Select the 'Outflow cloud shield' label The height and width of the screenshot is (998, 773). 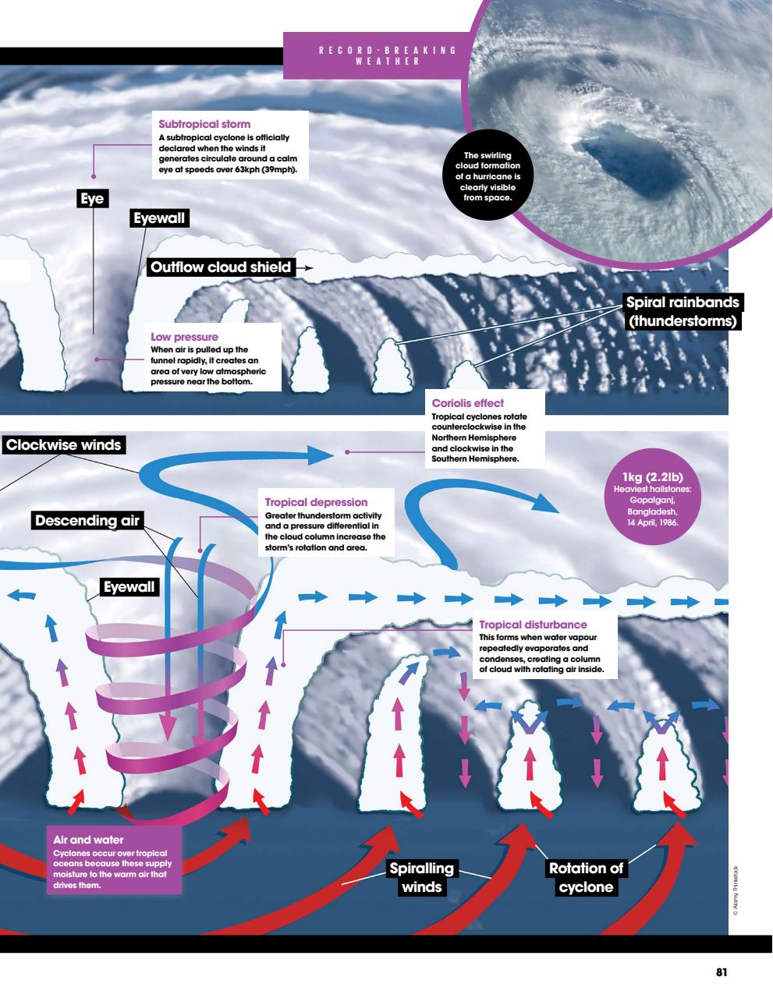point(221,267)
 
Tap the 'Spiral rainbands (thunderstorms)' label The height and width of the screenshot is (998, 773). point(682,312)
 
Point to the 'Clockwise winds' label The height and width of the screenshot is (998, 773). point(64,445)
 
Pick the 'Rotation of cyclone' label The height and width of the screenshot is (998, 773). point(586,877)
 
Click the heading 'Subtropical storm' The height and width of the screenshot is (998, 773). point(204,124)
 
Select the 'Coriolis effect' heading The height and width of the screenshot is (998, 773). point(468,403)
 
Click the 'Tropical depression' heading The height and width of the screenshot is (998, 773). point(316,502)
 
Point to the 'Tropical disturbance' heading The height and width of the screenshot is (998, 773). point(533,625)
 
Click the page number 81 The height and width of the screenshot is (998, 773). point(722,972)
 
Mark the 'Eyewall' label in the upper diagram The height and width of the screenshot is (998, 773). point(159,219)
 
